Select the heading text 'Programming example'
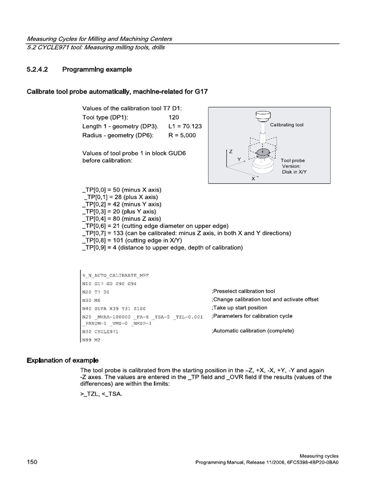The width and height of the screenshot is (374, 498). point(97,70)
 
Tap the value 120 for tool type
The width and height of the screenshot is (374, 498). point(174,117)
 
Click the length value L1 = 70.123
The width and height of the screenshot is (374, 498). point(185,126)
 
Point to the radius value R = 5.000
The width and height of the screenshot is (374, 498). point(182,135)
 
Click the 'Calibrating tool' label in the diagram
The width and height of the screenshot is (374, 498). point(287,125)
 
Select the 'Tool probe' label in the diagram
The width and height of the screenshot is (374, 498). point(293,160)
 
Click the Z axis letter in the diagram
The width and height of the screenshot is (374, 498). point(231,152)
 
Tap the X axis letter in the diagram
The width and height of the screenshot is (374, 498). point(253,179)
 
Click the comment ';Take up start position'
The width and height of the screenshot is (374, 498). point(240,308)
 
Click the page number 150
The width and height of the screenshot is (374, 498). point(32,462)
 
